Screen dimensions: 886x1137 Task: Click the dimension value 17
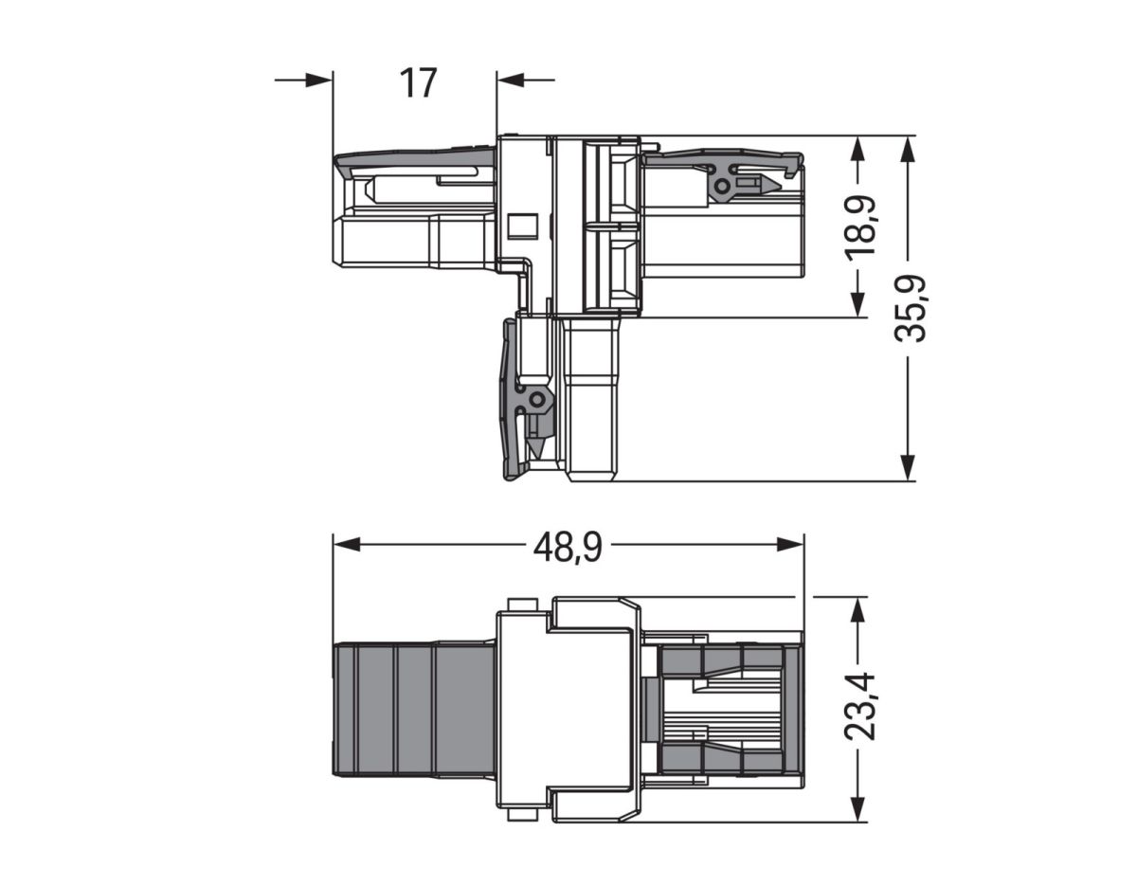pyautogui.click(x=418, y=83)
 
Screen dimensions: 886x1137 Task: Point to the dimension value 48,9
pyautogui.click(x=567, y=547)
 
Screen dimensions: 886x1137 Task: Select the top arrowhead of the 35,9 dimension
pyautogui.click(x=908, y=148)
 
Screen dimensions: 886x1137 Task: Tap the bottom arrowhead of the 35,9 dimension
pyautogui.click(x=908, y=467)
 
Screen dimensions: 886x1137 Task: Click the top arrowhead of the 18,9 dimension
pyautogui.click(x=857, y=148)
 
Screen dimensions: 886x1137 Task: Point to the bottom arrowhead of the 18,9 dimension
pyautogui.click(x=857, y=303)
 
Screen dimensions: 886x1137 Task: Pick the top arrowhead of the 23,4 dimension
pyautogui.click(x=857, y=608)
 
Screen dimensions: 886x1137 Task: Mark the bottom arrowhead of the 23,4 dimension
pyautogui.click(x=857, y=809)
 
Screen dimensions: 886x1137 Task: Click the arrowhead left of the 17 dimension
pyautogui.click(x=319, y=80)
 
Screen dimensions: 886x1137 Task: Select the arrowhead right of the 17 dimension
pyautogui.click(x=511, y=80)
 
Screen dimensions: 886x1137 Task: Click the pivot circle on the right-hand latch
pyautogui.click(x=722, y=188)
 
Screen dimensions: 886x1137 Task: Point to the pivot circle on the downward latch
pyautogui.click(x=536, y=401)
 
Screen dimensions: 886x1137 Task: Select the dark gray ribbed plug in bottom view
pyautogui.click(x=413, y=709)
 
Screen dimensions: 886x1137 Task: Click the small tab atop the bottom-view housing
pyautogui.click(x=522, y=604)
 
